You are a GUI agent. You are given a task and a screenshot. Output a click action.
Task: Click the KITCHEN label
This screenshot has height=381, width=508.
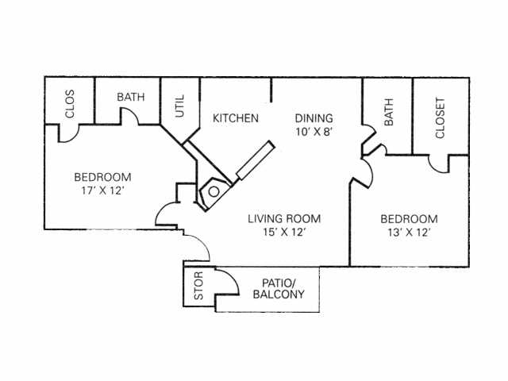coord(236,118)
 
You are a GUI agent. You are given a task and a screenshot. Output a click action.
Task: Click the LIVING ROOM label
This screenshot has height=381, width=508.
coord(283,218)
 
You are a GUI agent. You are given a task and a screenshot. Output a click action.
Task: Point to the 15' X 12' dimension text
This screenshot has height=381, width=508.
coord(283,233)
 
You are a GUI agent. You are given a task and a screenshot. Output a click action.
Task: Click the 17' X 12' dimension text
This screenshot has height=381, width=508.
coord(102,191)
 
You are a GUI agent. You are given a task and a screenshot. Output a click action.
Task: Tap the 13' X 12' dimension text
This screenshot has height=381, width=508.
coord(409,233)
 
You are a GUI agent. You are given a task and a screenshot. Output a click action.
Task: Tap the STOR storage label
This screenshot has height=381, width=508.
coord(198,286)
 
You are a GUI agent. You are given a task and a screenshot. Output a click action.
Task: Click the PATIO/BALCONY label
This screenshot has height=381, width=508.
coord(278,289)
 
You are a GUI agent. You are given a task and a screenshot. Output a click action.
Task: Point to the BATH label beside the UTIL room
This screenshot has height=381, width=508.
coord(131,97)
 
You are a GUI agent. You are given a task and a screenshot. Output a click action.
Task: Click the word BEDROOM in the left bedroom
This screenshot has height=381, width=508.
coord(102,177)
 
